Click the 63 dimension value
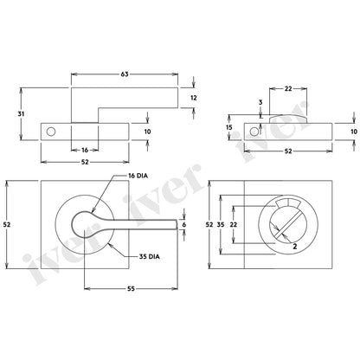click(x=125, y=74)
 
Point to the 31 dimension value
click(x=21, y=114)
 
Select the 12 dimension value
click(x=194, y=98)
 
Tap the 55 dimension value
click(x=131, y=288)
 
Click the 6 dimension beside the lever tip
click(x=184, y=224)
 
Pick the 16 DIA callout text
click(x=138, y=176)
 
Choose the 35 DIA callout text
click(x=149, y=256)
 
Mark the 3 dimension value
click(x=260, y=102)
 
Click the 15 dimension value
click(x=229, y=127)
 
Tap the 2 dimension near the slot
click(x=295, y=246)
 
